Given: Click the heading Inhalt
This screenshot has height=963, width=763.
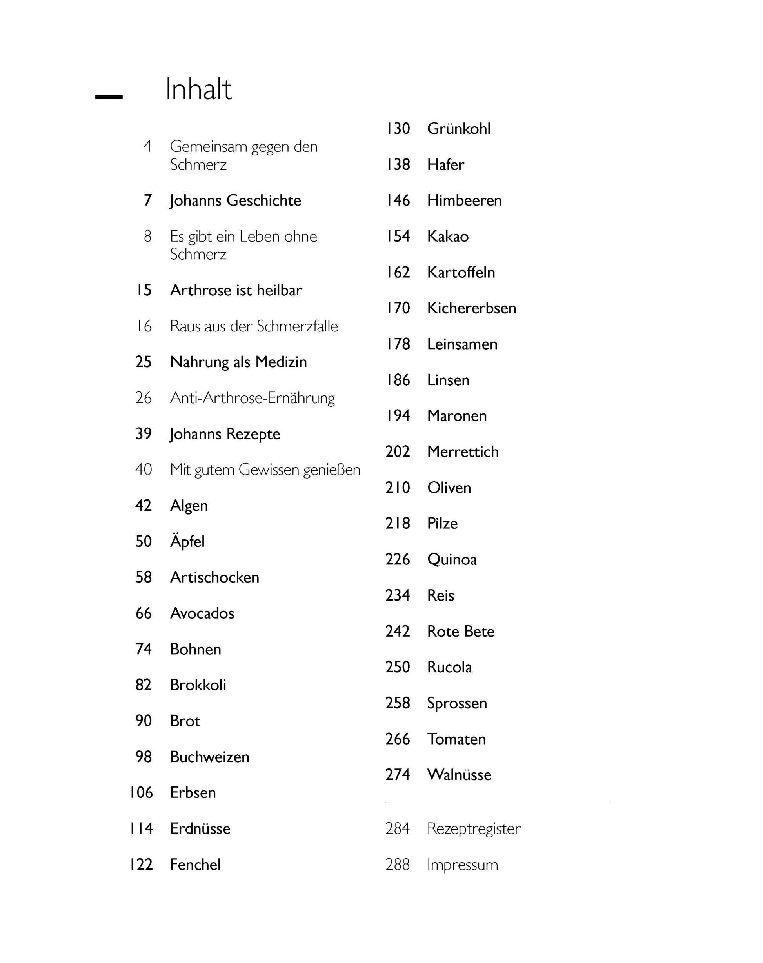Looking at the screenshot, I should click(198, 89).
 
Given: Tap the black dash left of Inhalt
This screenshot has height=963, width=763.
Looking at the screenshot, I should click(109, 97).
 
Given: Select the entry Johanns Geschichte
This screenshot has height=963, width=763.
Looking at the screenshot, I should click(235, 200).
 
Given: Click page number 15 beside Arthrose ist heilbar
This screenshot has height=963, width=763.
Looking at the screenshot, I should click(144, 290).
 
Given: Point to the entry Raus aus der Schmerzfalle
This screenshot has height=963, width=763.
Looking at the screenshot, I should click(254, 326).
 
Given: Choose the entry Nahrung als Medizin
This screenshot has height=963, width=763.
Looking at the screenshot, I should click(238, 362).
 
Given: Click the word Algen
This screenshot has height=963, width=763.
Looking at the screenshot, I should click(189, 506).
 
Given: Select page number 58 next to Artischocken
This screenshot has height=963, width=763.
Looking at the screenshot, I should click(144, 577).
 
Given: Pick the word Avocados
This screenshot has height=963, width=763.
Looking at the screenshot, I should click(202, 613).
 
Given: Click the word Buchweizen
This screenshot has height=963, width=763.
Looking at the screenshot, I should click(209, 757).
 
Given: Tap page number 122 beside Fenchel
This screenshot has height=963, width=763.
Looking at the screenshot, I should click(141, 864).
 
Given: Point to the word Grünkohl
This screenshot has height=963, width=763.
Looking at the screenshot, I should click(458, 129).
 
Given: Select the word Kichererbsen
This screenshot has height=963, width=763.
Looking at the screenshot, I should click(471, 308).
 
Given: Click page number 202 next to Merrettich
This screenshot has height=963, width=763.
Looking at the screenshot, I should click(397, 451).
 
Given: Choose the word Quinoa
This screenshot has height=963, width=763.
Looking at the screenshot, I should click(452, 559).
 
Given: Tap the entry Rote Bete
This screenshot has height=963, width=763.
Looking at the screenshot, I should click(460, 631).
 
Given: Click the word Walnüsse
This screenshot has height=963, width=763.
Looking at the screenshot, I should click(459, 774).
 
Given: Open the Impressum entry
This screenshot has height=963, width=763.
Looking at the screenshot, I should click(462, 864).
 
